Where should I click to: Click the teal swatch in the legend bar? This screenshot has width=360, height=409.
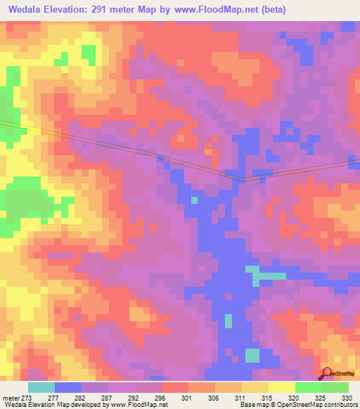pyautogui.click(x=41, y=387)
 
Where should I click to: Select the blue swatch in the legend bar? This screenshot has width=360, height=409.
pyautogui.click(x=67, y=387)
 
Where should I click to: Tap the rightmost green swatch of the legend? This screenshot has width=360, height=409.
pyautogui.click(x=335, y=387)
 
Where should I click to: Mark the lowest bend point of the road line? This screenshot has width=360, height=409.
pyautogui.click(x=244, y=180)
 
